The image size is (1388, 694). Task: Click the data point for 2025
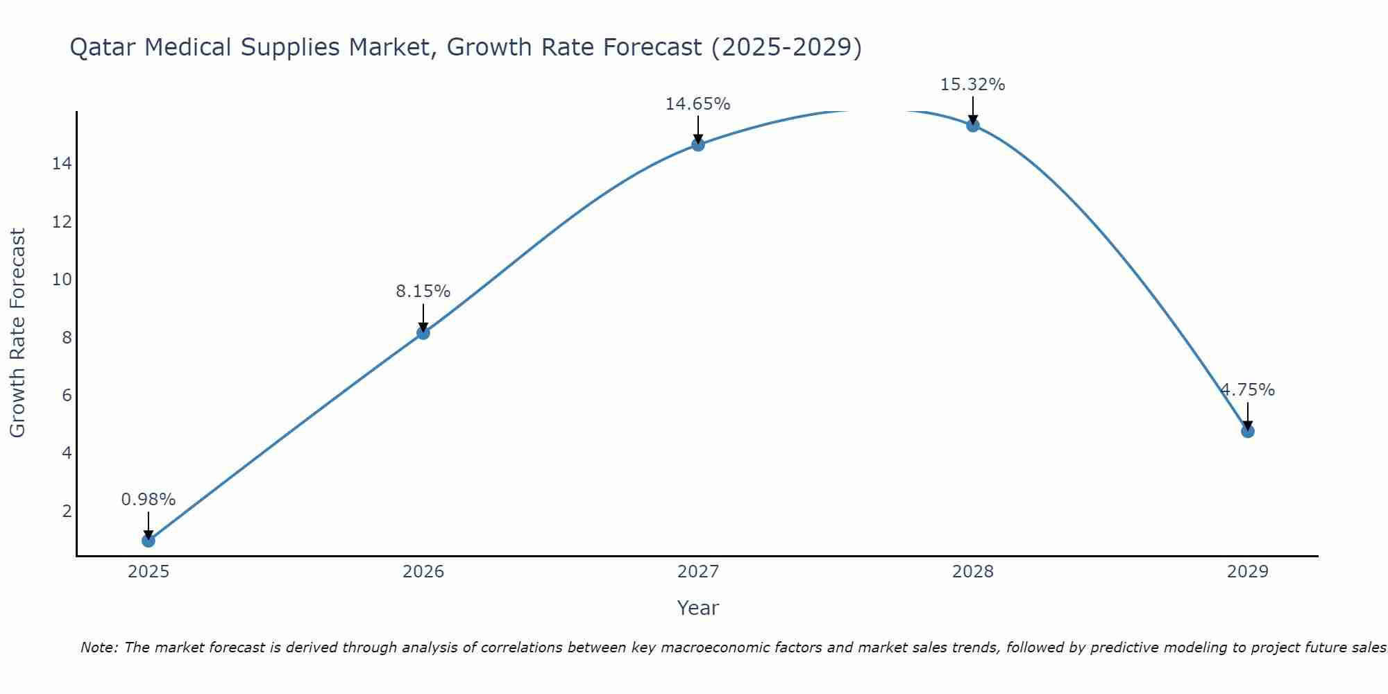click(149, 540)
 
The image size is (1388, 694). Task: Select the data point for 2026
click(423, 332)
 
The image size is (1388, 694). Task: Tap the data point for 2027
click(698, 144)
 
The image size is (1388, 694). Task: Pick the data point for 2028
click(973, 125)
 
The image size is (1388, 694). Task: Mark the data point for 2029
click(1248, 431)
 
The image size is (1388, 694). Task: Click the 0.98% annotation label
click(149, 500)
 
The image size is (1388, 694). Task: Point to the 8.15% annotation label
click(423, 291)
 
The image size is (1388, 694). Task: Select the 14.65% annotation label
click(698, 104)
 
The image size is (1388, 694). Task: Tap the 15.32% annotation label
click(973, 85)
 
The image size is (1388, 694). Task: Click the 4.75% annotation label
click(1248, 390)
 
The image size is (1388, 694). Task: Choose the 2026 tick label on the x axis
click(423, 572)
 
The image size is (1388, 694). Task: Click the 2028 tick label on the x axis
click(973, 572)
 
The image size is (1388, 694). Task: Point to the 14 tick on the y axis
click(62, 164)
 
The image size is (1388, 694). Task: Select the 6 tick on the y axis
click(67, 396)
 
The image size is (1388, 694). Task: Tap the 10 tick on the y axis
click(62, 280)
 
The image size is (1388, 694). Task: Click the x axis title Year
click(698, 608)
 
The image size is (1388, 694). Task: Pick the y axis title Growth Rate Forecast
click(18, 333)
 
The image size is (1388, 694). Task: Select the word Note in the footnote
click(100, 648)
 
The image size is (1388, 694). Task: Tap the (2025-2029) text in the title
click(787, 48)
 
